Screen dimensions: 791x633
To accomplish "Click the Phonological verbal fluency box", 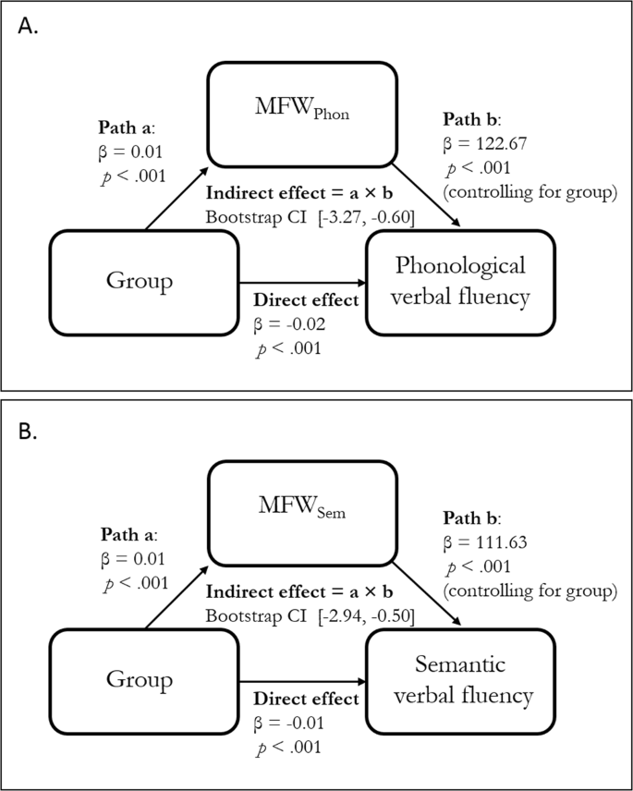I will (460, 282).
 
